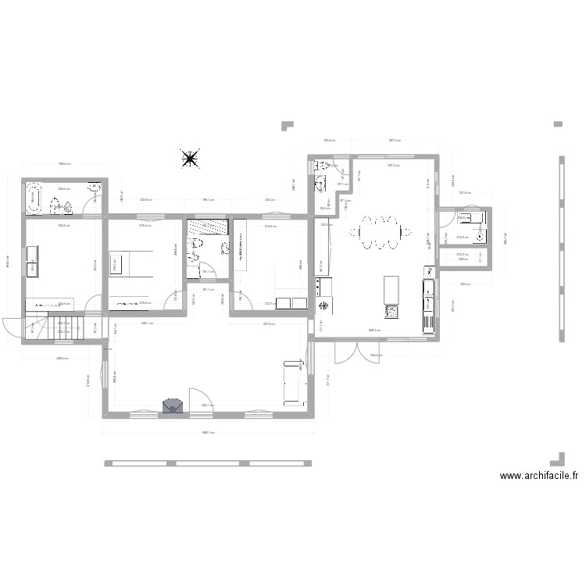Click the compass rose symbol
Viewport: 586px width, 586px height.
point(189,159)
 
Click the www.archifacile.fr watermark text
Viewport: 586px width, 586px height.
point(539,475)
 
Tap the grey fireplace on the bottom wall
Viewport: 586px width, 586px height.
point(173,406)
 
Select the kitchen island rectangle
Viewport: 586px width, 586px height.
point(391,291)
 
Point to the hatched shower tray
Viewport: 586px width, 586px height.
point(208,227)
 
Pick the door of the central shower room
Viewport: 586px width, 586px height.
point(206,271)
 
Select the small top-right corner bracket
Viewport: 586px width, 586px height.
point(558,123)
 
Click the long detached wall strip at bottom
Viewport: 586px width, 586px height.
point(207,463)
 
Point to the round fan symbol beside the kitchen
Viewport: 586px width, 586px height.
point(323,306)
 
